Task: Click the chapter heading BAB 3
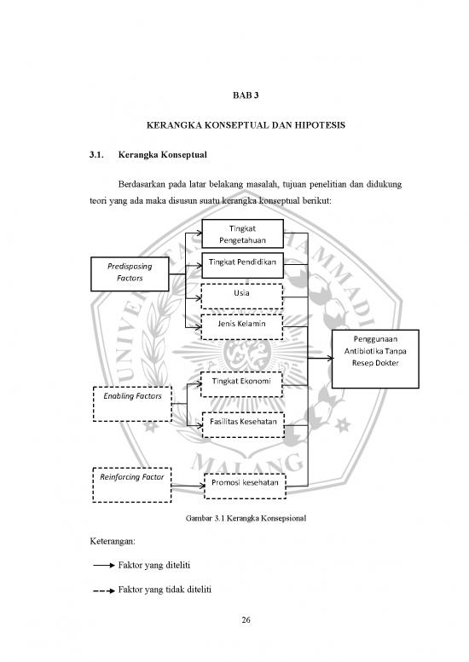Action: click(x=246, y=95)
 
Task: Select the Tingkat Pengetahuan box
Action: click(x=242, y=234)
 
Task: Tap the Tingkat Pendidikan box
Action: click(x=242, y=266)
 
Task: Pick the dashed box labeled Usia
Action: click(x=241, y=296)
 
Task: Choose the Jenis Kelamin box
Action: click(x=241, y=327)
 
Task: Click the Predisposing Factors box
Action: click(x=130, y=274)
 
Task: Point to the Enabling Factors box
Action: click(x=132, y=404)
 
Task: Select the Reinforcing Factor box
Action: click(x=132, y=485)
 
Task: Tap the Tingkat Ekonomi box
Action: click(x=241, y=384)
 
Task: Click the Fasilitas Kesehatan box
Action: click(x=243, y=425)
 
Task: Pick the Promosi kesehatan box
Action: click(x=245, y=486)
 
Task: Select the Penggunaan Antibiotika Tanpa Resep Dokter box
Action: click(x=375, y=359)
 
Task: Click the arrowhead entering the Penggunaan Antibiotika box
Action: click(x=329, y=359)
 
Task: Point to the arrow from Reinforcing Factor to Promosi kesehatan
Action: click(x=188, y=486)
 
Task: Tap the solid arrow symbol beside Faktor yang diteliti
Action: click(x=104, y=566)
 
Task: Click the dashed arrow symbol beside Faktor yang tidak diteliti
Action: click(x=104, y=590)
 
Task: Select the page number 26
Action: click(x=246, y=619)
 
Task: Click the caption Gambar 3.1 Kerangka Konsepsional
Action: click(x=246, y=518)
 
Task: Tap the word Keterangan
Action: click(x=113, y=541)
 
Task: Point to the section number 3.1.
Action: click(x=96, y=154)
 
